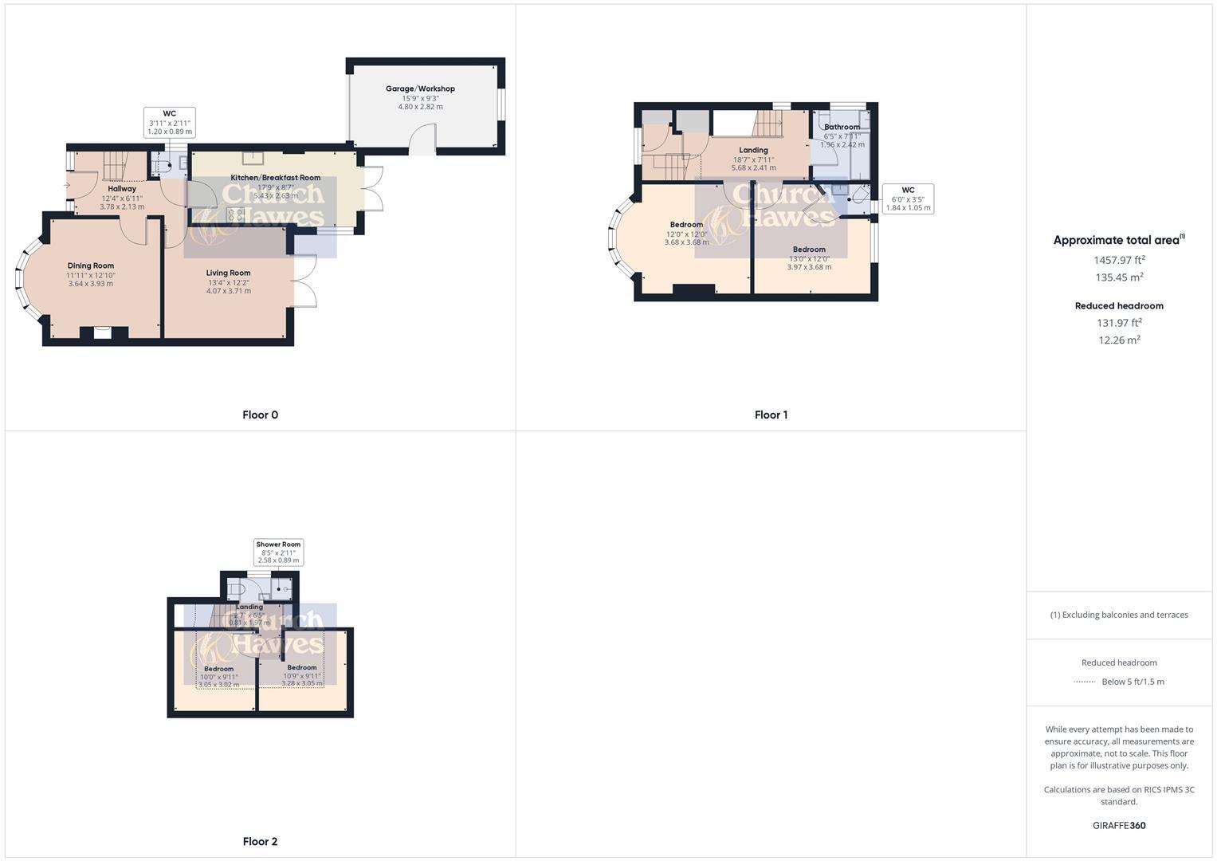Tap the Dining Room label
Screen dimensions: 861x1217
click(90, 265)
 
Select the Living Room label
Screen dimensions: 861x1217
click(228, 273)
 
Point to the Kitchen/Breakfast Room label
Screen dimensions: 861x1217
click(276, 178)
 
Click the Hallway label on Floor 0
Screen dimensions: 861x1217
click(122, 189)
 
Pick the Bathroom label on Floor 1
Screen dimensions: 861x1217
click(842, 127)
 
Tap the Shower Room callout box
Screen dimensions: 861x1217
click(278, 552)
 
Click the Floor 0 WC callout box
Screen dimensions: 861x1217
click(169, 122)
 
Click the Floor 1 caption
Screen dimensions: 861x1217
click(771, 415)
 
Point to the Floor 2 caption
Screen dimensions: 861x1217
click(260, 841)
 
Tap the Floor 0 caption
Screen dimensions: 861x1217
click(260, 415)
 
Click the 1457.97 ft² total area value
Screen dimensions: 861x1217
click(1119, 260)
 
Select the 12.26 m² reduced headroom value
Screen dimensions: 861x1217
click(1119, 340)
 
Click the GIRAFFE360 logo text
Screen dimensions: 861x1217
click(1119, 825)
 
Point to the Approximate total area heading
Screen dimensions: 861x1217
click(1118, 240)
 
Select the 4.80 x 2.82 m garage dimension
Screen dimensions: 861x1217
click(420, 107)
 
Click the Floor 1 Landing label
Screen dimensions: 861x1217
click(753, 150)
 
